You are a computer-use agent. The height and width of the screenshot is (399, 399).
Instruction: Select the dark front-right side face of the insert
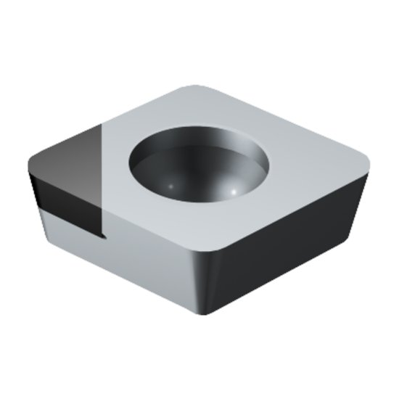[x=290, y=239]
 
